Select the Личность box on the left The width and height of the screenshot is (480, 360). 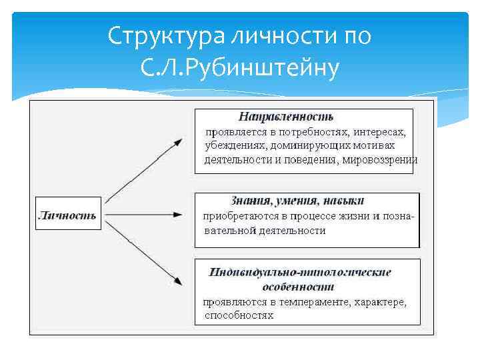[67, 215]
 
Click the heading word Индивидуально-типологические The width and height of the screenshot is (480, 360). [299, 272]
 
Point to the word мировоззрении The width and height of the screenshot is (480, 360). [381, 159]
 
